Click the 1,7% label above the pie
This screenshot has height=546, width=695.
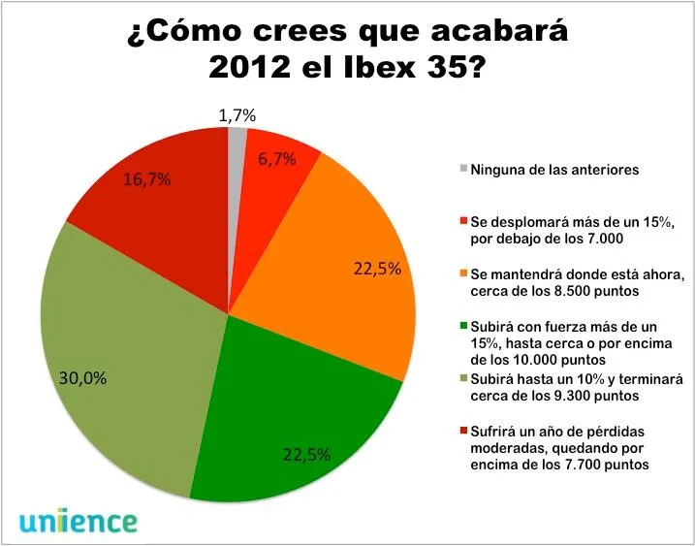point(237,115)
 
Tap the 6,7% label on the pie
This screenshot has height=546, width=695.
point(276,159)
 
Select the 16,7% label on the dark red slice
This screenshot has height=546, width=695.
point(147,179)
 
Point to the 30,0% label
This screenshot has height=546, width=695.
point(83,378)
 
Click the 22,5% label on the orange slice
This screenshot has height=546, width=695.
point(377,269)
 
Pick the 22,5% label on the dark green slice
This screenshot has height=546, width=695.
point(306,455)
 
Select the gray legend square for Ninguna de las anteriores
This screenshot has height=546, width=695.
point(464,169)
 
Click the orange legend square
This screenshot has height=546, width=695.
point(464,273)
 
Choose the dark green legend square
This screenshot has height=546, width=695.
point(464,326)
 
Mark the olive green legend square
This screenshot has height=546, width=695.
point(464,378)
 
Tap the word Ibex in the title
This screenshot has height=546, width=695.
point(370,68)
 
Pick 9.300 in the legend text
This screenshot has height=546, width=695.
point(550,396)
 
